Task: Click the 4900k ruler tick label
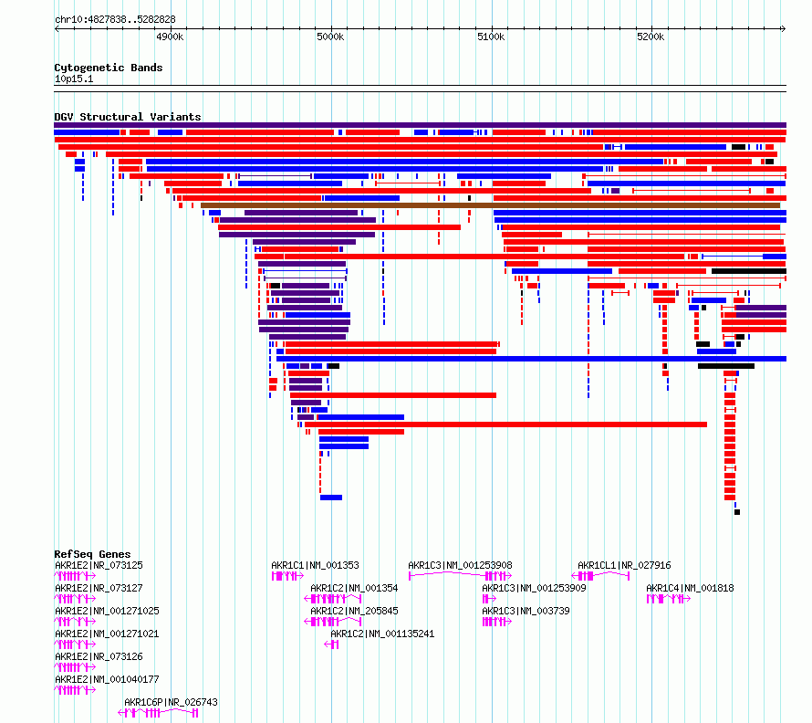(x=170, y=37)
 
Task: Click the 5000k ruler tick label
(x=330, y=37)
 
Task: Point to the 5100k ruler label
(x=491, y=37)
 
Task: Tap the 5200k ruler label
(x=651, y=37)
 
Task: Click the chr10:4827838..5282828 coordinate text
(x=115, y=19)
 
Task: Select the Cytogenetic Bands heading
(x=109, y=68)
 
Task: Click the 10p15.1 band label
(x=74, y=79)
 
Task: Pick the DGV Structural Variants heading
(x=128, y=117)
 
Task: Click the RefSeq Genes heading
(x=92, y=554)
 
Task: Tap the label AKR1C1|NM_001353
(x=315, y=565)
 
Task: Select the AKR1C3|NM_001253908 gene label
(x=460, y=565)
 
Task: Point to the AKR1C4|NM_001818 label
(x=690, y=588)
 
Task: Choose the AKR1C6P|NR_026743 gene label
(x=171, y=702)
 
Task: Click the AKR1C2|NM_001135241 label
(x=382, y=634)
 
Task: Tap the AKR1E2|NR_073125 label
(x=99, y=565)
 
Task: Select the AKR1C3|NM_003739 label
(x=526, y=611)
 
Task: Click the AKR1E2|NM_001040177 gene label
(x=107, y=679)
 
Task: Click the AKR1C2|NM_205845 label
(x=354, y=611)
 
